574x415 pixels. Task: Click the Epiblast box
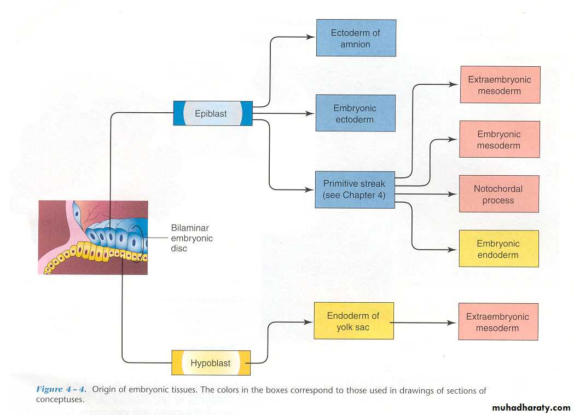[212, 113]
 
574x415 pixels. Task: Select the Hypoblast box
[211, 362]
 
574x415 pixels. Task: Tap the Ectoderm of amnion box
[356, 38]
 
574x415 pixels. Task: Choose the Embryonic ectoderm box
[355, 113]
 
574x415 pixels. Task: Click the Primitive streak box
[355, 189]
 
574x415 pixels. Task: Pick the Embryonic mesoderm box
[499, 140]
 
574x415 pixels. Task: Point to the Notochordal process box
[498, 194]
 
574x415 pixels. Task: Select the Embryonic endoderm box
[498, 249]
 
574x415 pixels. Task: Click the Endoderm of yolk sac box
[353, 321]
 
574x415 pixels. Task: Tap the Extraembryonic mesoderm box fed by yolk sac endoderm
[498, 322]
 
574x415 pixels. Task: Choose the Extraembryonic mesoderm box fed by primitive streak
[500, 85]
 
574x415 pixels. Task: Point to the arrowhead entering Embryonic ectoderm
[311, 114]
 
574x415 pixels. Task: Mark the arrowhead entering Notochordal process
[454, 194]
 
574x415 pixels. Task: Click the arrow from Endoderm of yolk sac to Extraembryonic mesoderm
[424, 322]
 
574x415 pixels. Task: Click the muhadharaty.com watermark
[531, 408]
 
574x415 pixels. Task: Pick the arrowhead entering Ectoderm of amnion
[312, 37]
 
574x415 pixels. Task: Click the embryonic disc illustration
[93, 237]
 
